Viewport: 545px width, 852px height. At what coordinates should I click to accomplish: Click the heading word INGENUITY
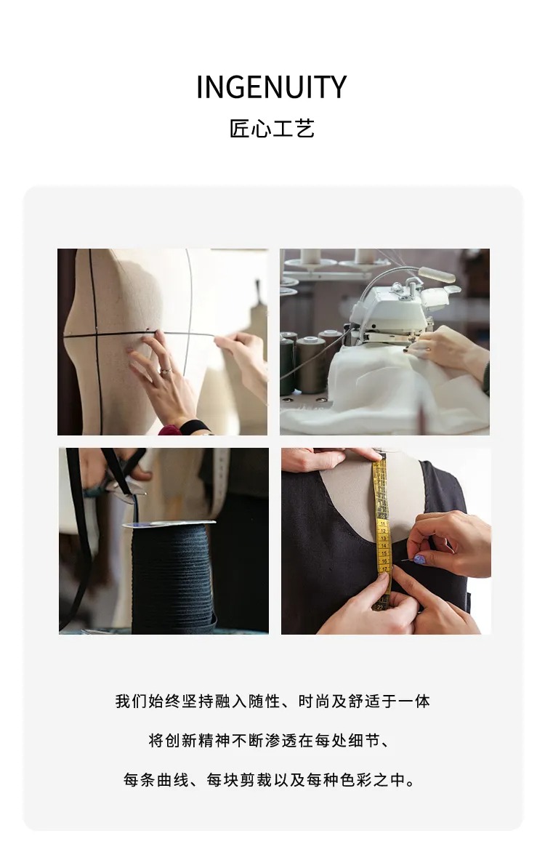point(271,87)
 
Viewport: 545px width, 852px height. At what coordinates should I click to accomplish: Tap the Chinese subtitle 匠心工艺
point(272,129)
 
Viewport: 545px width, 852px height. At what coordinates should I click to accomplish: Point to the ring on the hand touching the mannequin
point(165,371)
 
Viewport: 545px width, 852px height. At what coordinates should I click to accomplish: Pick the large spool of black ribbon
point(171,576)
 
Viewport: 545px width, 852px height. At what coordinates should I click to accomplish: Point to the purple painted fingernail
point(419,559)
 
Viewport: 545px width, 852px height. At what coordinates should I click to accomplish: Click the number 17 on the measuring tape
point(384,569)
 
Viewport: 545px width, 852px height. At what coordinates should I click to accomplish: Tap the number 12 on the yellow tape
point(382,531)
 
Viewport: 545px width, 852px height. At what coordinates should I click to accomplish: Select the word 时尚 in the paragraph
point(314,702)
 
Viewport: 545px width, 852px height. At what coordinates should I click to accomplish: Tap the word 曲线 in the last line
point(173,780)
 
